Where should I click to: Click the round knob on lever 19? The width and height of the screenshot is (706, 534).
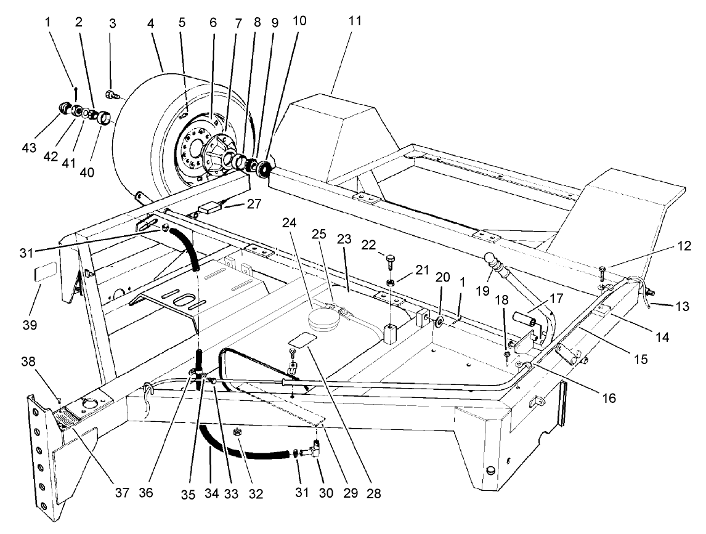(489, 258)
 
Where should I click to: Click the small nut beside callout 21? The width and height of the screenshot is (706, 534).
(391, 283)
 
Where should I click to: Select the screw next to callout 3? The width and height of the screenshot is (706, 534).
(111, 94)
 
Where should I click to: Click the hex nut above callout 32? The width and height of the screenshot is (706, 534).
(237, 434)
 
